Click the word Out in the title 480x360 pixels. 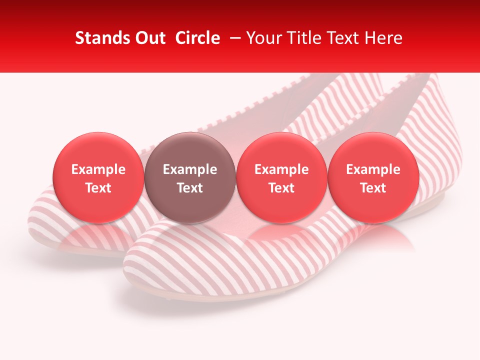[x=148, y=38]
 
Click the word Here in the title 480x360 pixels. [x=383, y=38]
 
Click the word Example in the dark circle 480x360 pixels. [x=190, y=169]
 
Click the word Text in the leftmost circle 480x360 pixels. [x=98, y=188]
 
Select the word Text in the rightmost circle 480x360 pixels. [x=373, y=188]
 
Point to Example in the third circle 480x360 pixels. [x=281, y=169]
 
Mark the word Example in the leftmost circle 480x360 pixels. [x=98, y=169]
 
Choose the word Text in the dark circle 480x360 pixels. [x=190, y=188]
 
